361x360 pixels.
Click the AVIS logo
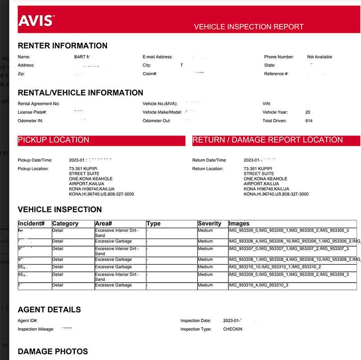[36, 20]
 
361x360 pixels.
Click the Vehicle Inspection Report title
[249, 27]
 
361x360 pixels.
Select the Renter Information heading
[62, 45]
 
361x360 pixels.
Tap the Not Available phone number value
[319, 57]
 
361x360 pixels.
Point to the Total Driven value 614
[308, 121]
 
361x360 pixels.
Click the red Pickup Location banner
[101, 140]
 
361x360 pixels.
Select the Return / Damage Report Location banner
[276, 140]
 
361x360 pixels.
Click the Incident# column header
[31, 224]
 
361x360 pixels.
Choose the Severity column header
[209, 224]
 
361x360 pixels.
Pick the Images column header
[239, 224]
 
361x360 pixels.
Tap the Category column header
[65, 224]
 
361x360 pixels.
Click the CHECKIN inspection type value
[232, 329]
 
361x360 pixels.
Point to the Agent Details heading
[49, 310]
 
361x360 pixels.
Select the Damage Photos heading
[53, 351]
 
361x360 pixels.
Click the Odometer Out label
[156, 121]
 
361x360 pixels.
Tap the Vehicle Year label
[275, 112]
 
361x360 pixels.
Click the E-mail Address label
[157, 57]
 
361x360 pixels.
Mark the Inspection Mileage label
[36, 329]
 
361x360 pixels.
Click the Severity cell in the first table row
[205, 230]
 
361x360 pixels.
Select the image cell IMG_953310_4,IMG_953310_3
[258, 285]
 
